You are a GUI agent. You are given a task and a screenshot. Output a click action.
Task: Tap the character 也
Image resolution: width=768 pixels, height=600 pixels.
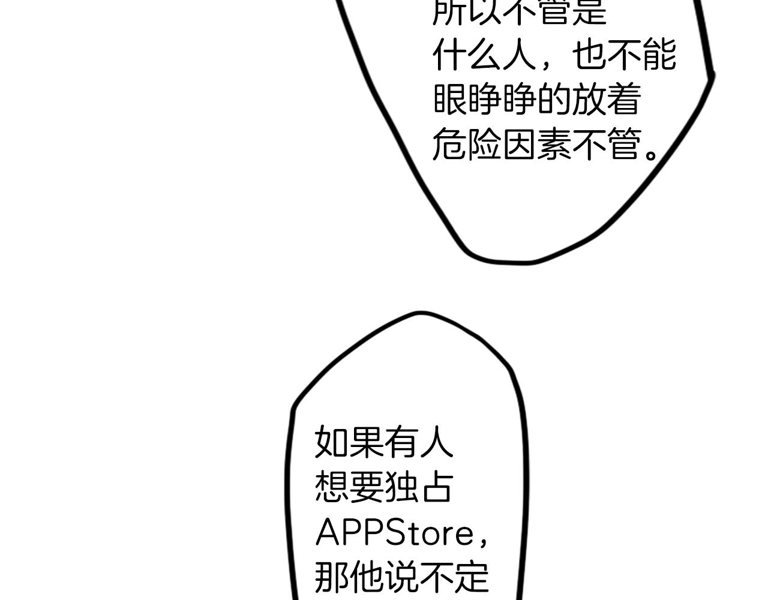coord(589,56)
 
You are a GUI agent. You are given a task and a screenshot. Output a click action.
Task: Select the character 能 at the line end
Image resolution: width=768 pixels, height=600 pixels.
coord(659,56)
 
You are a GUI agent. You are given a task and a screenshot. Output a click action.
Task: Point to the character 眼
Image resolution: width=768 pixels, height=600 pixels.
coord(450,100)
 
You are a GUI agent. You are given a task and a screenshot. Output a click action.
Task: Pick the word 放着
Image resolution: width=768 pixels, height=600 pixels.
coord(607,100)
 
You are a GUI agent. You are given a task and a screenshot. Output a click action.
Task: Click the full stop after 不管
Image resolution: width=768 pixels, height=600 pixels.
coord(652,152)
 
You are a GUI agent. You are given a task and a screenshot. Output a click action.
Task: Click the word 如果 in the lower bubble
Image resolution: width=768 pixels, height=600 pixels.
coord(349,442)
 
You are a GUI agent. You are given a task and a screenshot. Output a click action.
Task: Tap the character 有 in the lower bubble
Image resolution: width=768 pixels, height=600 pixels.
coord(401,442)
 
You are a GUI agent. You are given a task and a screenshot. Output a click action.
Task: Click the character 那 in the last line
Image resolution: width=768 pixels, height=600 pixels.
coord(332,577)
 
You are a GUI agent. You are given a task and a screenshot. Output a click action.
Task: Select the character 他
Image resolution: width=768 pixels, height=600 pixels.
coord(367,577)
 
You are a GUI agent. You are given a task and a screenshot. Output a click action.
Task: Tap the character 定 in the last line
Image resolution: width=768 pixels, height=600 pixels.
coord(472,577)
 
